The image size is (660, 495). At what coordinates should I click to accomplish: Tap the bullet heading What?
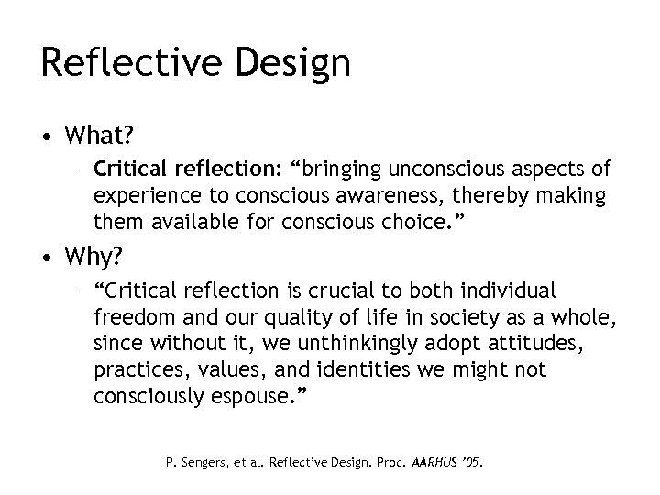point(99,137)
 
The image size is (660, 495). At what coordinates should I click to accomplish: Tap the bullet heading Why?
point(93,254)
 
